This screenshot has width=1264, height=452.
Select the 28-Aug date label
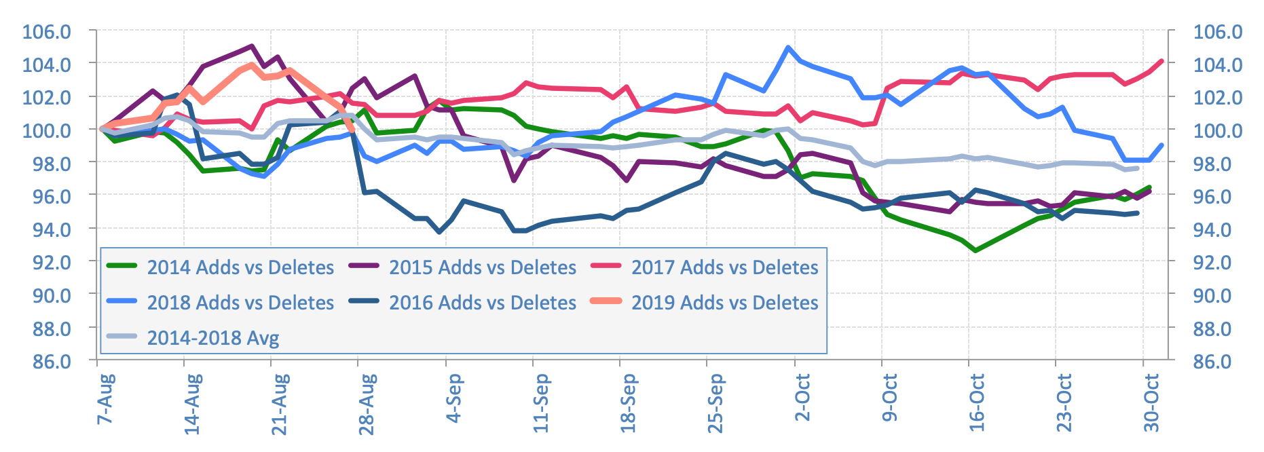click(367, 403)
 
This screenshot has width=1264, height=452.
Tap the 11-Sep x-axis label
click(541, 403)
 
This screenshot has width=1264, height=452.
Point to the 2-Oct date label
click(802, 398)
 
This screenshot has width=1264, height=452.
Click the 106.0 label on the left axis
click(46, 32)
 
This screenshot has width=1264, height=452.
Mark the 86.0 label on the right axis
click(1218, 361)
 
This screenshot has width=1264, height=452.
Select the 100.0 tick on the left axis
click(46, 130)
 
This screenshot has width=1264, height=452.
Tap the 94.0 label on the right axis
click(1218, 229)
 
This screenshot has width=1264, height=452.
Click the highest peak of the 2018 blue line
click(787, 48)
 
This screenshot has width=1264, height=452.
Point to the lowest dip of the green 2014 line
click(975, 250)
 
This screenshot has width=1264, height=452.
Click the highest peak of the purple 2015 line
click(252, 46)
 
